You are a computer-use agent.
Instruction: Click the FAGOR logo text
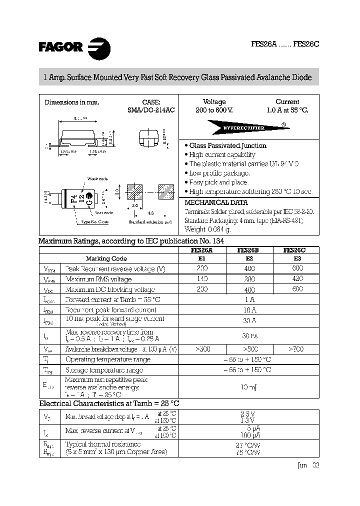pos(60,47)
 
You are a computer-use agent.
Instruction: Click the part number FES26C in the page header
pos(306,44)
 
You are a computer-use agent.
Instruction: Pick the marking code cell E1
pos(202,259)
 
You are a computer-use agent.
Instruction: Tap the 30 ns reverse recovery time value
pos(248,335)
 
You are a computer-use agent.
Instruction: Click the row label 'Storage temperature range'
pos(104,370)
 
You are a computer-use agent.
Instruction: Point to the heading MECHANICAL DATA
pos(216,203)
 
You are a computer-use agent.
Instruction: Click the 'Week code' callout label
pos(97,178)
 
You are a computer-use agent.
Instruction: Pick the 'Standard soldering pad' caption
pos(150,221)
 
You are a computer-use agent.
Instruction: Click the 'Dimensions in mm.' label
pos(72,102)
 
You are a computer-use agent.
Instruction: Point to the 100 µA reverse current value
pos(248,435)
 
